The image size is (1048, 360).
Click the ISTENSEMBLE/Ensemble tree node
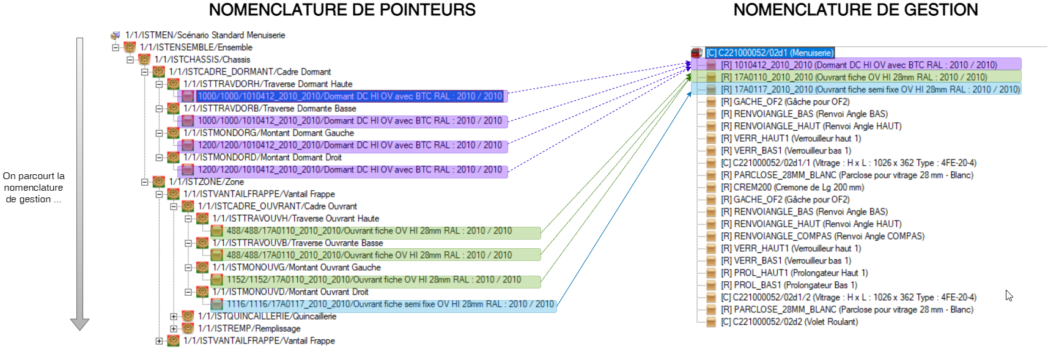coord(196,47)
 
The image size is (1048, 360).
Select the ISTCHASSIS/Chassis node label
coord(202,59)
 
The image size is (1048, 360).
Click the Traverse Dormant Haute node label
coord(268,84)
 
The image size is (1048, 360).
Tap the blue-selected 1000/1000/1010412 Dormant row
coord(350,96)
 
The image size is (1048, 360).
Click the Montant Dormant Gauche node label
coord(268,133)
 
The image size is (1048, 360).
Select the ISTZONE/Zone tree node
coord(206,182)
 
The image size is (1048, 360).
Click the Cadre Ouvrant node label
coord(277,206)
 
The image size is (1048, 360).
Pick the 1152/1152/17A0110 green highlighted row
coord(374,279)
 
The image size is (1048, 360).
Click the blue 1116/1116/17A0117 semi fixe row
coord(389,304)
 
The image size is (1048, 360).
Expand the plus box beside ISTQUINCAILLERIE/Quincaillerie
coord(174,317)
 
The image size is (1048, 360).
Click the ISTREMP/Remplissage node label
coord(249,328)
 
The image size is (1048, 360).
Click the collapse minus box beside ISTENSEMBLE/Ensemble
coord(115,47)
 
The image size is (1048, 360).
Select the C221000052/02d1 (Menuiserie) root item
coord(769,53)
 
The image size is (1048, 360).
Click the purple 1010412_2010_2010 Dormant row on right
coord(858,65)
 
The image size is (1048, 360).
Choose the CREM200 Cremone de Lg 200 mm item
coord(792,187)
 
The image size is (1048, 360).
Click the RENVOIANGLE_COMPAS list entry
coord(822,236)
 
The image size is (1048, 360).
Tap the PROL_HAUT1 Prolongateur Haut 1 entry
coord(794,273)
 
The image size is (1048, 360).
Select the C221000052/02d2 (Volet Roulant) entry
coord(789,321)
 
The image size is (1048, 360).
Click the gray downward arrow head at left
coord(79,323)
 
